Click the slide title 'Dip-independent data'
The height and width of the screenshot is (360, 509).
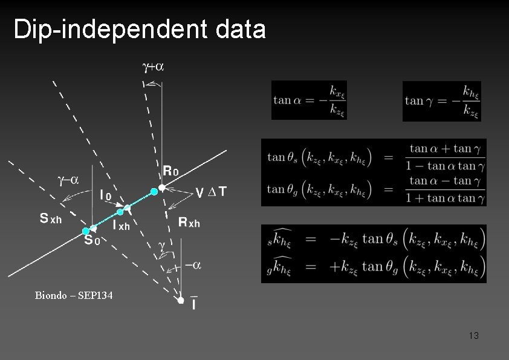pyautogui.click(x=140, y=29)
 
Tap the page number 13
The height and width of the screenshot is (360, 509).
pyautogui.click(x=473, y=335)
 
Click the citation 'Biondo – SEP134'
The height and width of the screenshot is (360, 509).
pyautogui.click(x=74, y=296)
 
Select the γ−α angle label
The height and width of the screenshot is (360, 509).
pyautogui.click(x=68, y=180)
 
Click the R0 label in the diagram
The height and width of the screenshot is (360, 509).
pyautogui.click(x=171, y=171)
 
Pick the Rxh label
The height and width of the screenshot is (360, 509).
pyautogui.click(x=189, y=223)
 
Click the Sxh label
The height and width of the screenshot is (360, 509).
pyautogui.click(x=51, y=218)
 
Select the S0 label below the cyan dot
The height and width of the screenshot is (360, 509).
pyautogui.click(x=91, y=241)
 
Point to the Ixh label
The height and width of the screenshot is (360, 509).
pyautogui.click(x=121, y=225)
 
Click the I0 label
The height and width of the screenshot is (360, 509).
pyautogui.click(x=105, y=195)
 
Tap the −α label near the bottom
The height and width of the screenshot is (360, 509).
pyautogui.click(x=193, y=264)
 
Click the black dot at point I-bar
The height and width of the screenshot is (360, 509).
pyautogui.click(x=180, y=299)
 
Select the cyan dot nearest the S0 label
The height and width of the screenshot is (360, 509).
pyautogui.click(x=86, y=231)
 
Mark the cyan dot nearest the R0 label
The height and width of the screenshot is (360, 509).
pyautogui.click(x=154, y=191)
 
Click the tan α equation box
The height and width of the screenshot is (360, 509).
pyautogui.click(x=310, y=100)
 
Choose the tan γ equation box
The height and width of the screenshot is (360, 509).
pyautogui.click(x=442, y=101)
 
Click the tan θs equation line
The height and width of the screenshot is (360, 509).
pyautogui.click(x=374, y=157)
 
